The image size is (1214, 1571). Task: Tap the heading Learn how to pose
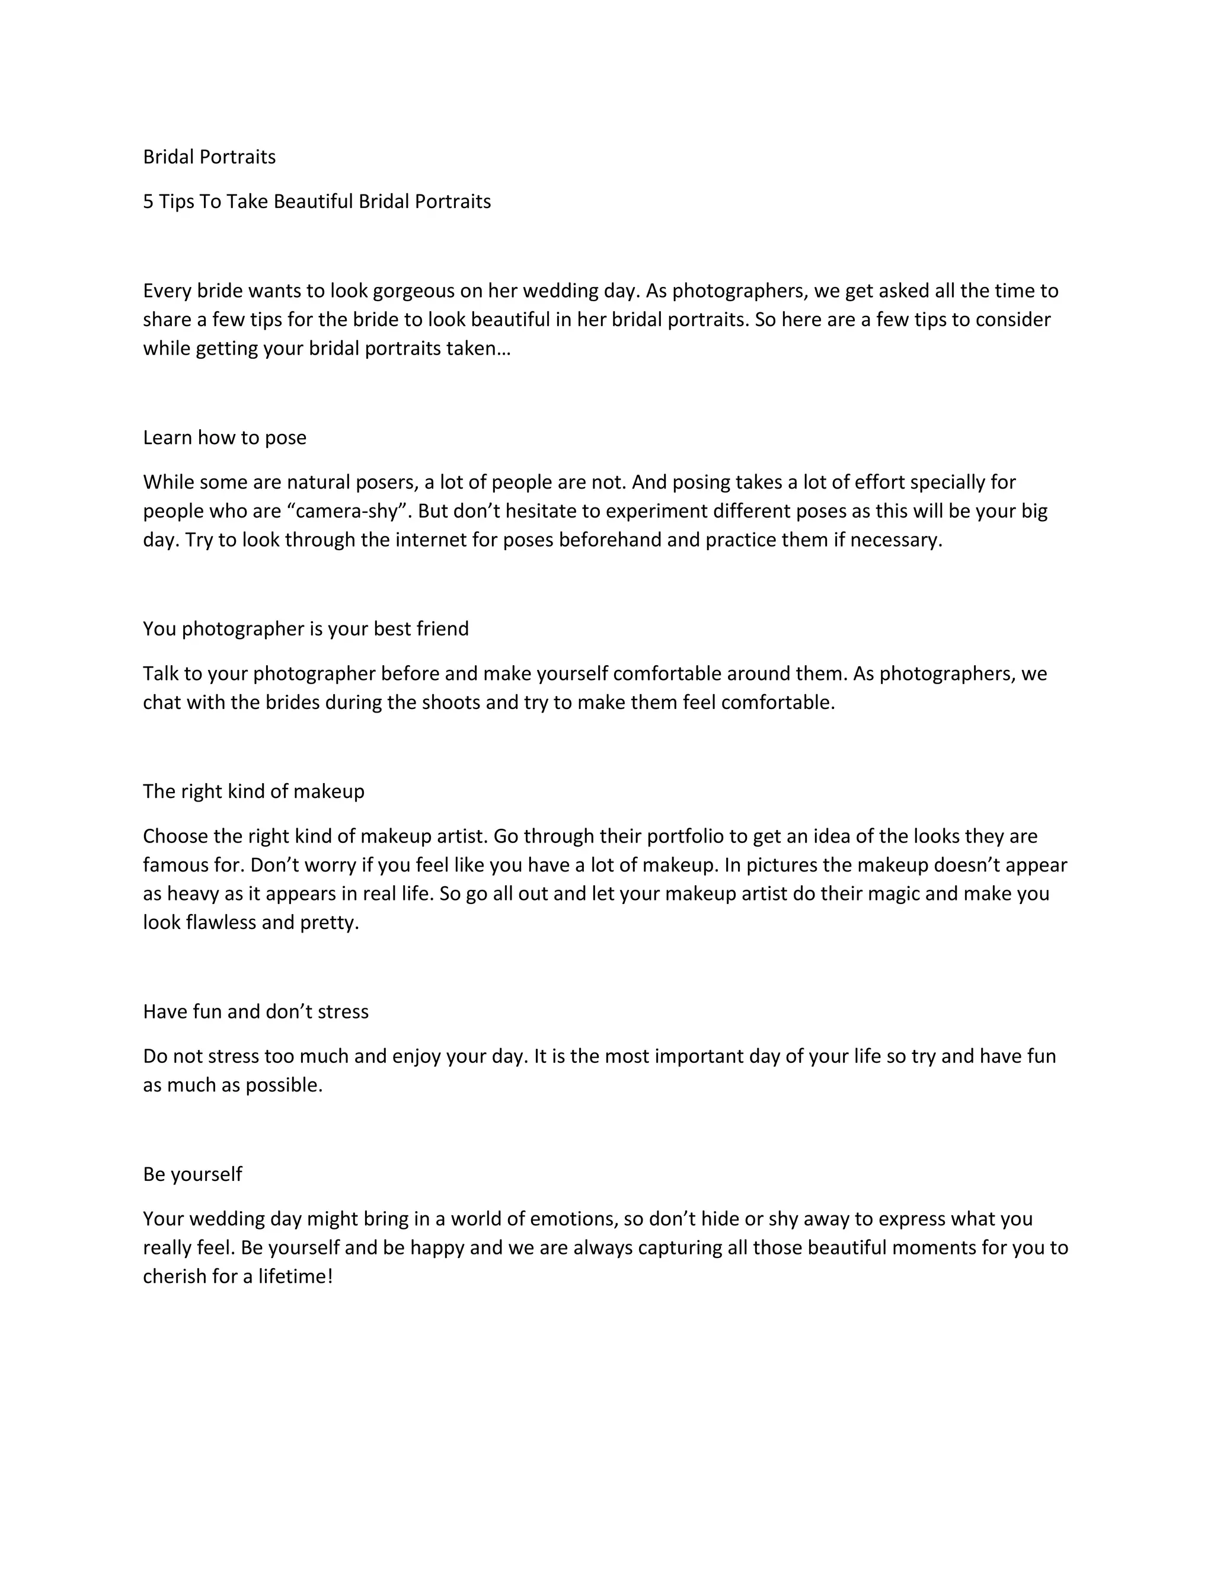click(225, 438)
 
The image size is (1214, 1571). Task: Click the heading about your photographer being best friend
click(306, 630)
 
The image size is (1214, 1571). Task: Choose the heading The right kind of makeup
click(253, 792)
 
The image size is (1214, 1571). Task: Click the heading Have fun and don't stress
click(255, 1012)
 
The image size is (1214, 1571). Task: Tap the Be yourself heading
click(192, 1174)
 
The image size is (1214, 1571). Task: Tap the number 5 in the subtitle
click(148, 202)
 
